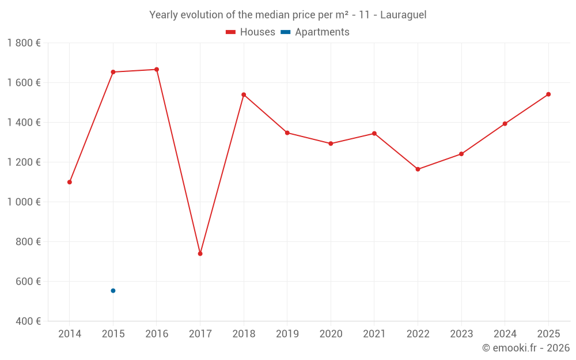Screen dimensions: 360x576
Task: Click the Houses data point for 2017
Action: (x=200, y=253)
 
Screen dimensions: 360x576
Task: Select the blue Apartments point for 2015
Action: (x=113, y=291)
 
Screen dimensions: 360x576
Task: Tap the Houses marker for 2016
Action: (x=157, y=70)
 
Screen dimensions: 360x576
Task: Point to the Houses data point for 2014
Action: (x=70, y=182)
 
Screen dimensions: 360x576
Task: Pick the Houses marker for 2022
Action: (x=418, y=169)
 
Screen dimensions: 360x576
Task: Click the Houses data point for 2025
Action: (x=548, y=94)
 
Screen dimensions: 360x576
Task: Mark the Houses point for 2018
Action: (x=244, y=94)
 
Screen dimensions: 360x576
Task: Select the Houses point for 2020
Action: (x=331, y=143)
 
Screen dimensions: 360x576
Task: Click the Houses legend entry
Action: (x=251, y=32)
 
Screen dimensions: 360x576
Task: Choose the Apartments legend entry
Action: (x=315, y=32)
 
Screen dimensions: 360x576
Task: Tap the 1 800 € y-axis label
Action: (x=24, y=43)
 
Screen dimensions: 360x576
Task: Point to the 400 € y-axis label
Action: (x=28, y=321)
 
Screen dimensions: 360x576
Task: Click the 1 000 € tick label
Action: (x=24, y=202)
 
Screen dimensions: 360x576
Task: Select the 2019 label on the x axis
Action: (x=287, y=334)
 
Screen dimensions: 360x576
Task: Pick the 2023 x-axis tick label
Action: (x=461, y=334)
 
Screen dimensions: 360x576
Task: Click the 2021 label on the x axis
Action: (x=374, y=334)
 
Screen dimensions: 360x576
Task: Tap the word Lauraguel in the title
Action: (x=403, y=15)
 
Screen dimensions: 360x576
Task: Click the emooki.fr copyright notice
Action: (x=525, y=348)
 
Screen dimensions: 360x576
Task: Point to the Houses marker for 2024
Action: (x=505, y=124)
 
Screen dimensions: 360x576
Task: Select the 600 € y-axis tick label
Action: (x=28, y=282)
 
